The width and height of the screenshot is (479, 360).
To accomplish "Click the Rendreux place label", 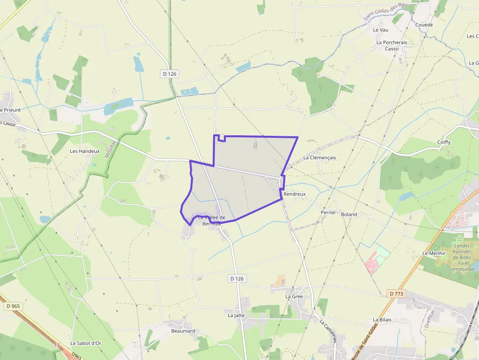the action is click(294, 194).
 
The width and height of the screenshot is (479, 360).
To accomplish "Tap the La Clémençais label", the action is click(320, 158).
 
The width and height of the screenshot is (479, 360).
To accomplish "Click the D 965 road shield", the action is click(13, 306).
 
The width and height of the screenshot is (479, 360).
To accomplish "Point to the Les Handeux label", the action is click(85, 151).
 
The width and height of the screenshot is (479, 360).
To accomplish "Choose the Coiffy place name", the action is click(444, 143).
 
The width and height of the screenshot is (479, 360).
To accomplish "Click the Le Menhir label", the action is click(434, 254).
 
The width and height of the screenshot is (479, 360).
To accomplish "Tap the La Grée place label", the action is click(294, 296).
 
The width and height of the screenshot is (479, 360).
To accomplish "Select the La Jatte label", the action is click(236, 316).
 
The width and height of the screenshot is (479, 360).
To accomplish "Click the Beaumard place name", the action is click(183, 331).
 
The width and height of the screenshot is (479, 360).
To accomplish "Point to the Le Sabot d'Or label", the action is click(86, 343).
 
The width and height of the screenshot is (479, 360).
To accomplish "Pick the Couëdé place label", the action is click(424, 25).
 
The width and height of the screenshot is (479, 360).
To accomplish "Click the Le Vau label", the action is click(380, 30).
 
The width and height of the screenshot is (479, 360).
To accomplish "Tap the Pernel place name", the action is click(328, 213).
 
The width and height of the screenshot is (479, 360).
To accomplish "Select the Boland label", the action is click(349, 214).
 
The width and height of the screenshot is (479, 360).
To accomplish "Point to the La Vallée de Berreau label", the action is click(211, 221).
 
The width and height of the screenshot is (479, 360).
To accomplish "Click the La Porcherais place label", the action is click(392, 42).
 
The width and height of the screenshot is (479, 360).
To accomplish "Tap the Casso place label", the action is click(392, 49).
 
